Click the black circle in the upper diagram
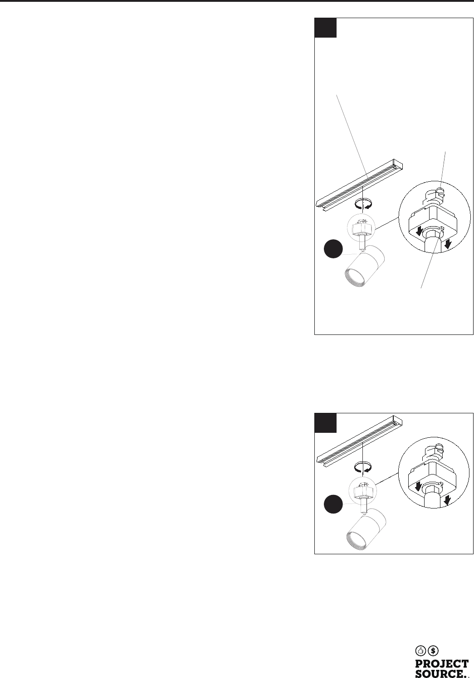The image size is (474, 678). pos(333,248)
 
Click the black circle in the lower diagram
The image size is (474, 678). pos(333,504)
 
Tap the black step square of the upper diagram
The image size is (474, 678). pos(326,28)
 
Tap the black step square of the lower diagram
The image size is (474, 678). pos(326,423)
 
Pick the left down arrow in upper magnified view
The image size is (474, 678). pos(419,232)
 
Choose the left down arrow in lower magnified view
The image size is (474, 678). pos(418,486)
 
